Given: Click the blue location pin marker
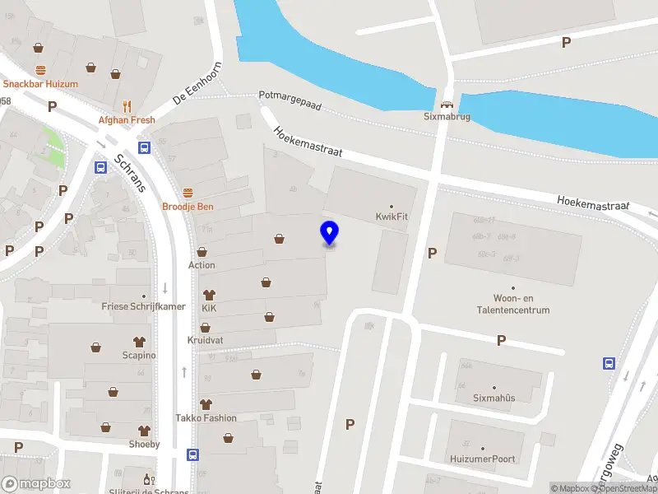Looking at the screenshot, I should pyautogui.click(x=329, y=233).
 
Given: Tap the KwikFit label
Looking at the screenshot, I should pyautogui.click(x=392, y=217).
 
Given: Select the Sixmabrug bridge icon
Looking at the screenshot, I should pyautogui.click(x=447, y=105).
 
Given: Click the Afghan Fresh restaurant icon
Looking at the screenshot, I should pyautogui.click(x=127, y=105).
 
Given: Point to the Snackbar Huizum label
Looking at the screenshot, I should pyautogui.click(x=39, y=84).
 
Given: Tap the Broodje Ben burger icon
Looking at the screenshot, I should pyautogui.click(x=188, y=193).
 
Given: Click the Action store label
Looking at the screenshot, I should pyautogui.click(x=202, y=265).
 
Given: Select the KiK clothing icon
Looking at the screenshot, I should pyautogui.click(x=209, y=294).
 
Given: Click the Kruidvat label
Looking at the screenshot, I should pyautogui.click(x=205, y=339).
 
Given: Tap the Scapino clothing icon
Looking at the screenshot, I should pyautogui.click(x=138, y=341).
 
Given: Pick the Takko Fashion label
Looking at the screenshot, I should pyautogui.click(x=206, y=417).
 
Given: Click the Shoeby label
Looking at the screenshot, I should pyautogui.click(x=144, y=445).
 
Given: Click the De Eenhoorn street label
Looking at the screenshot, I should pyautogui.click(x=197, y=83).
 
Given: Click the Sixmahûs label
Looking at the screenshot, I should pyautogui.click(x=493, y=398).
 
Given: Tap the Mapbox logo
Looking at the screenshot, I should pyautogui.click(x=36, y=483).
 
